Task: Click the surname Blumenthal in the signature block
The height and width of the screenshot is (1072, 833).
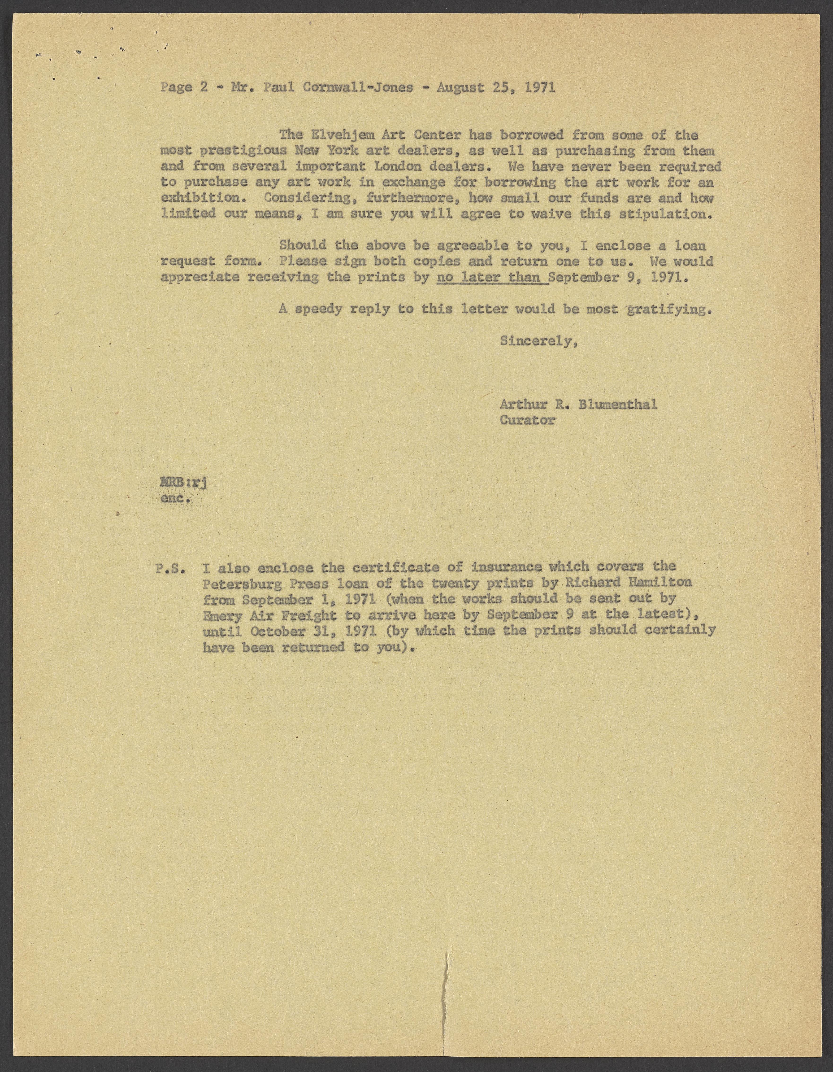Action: tap(617, 405)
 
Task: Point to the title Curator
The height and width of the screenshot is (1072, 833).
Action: tap(527, 420)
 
